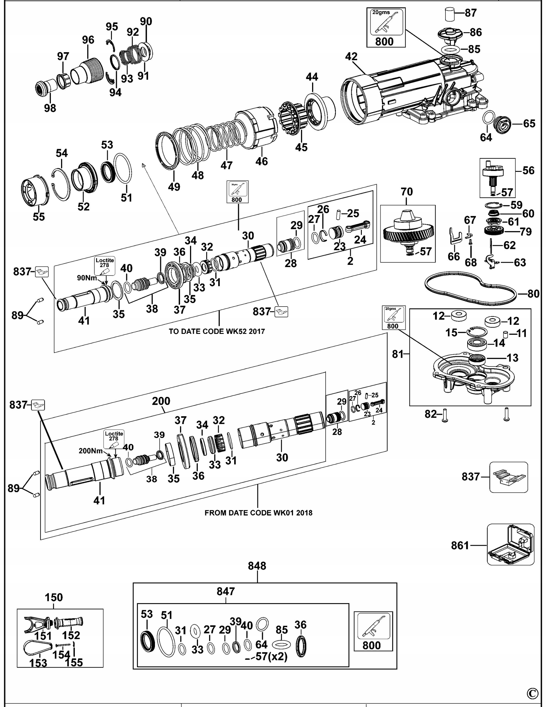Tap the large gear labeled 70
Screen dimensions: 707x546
[408, 232]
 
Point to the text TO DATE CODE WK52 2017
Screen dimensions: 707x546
[217, 331]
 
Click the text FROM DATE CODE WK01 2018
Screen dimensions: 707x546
[258, 513]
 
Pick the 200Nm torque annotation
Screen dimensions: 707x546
[91, 451]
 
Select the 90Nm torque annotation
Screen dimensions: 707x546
[85, 278]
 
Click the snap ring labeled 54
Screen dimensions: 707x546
[61, 184]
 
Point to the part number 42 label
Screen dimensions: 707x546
[351, 57]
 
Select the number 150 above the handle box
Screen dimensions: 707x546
[54, 597]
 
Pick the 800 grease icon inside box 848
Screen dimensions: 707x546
[373, 632]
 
